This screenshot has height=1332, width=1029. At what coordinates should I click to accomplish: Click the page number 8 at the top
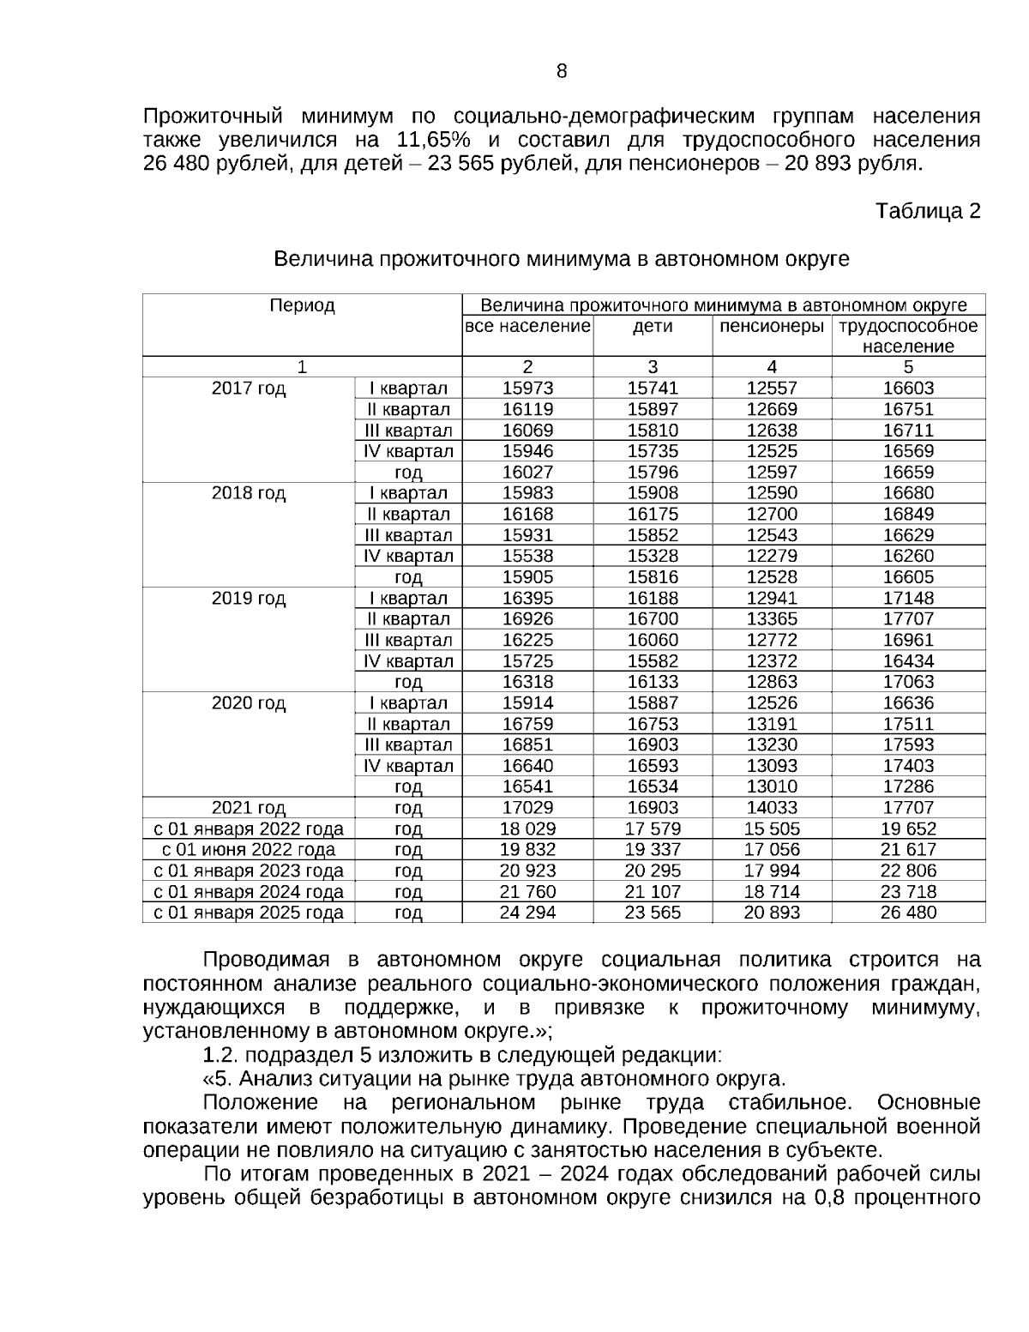click(562, 71)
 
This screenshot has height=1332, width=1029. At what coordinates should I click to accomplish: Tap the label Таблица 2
click(927, 211)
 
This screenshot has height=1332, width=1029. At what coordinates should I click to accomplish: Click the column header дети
click(653, 327)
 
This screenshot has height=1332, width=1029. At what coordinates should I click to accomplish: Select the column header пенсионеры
click(772, 327)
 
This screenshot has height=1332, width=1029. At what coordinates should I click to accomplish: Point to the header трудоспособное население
click(908, 336)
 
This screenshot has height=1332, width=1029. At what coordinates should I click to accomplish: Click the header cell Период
click(302, 305)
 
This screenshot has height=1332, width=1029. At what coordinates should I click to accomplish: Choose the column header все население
click(527, 327)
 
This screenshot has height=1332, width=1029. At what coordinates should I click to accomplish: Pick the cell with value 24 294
click(527, 913)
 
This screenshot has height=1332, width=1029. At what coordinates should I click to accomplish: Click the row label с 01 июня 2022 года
click(249, 850)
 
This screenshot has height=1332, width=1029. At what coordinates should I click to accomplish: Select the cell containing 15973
click(527, 389)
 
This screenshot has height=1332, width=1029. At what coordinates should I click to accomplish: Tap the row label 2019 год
click(249, 599)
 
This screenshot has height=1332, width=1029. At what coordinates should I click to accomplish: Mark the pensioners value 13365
click(772, 619)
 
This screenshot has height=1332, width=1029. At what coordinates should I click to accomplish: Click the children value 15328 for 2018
click(653, 556)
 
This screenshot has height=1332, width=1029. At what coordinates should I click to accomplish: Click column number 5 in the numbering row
click(908, 367)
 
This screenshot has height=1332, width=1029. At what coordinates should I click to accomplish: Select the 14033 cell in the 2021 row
click(772, 808)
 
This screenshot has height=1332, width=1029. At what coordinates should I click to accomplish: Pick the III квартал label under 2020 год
click(408, 744)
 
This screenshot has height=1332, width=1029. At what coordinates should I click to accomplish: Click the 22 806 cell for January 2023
click(908, 871)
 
